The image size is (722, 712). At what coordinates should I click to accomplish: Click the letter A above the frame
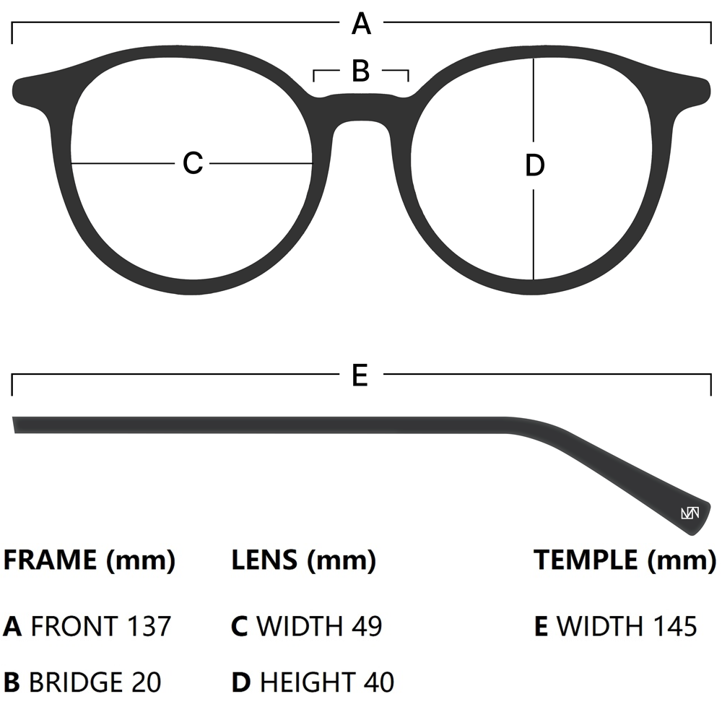point(361,25)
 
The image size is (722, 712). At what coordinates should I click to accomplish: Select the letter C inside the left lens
point(193,163)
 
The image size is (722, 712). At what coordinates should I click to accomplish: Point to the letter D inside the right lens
point(534,166)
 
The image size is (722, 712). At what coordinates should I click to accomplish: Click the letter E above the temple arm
point(360,375)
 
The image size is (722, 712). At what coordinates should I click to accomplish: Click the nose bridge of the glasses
point(361,108)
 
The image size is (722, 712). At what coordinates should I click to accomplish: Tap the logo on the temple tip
point(690,513)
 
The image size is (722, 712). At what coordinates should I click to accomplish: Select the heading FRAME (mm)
point(90,560)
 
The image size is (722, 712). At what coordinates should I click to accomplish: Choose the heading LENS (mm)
point(303,560)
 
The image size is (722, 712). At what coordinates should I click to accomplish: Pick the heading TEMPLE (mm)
point(625,560)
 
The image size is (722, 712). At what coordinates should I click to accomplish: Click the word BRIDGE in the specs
point(75,682)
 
